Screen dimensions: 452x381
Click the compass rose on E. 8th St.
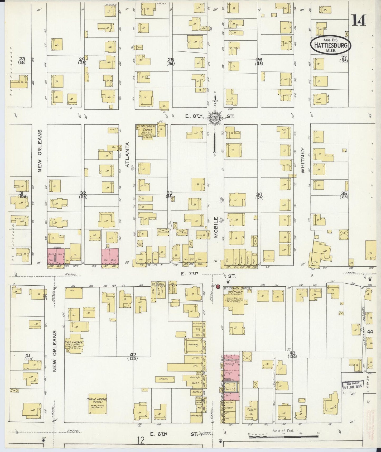click(215, 118)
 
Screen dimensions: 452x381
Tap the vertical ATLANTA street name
click(128, 155)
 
